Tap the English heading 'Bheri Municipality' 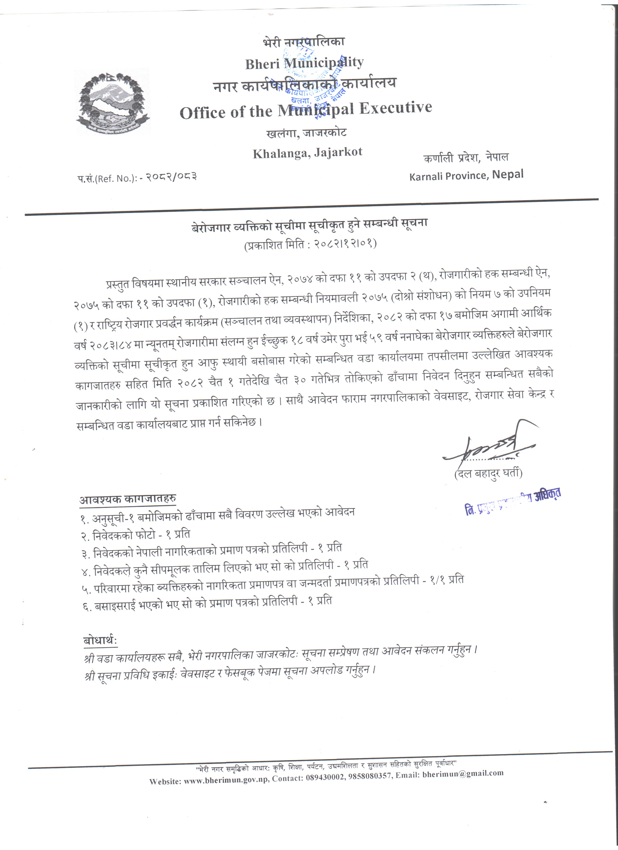pyautogui.click(x=304, y=63)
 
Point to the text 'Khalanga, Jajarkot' pyautogui.click(x=307, y=153)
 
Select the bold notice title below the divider pyautogui.click(x=309, y=226)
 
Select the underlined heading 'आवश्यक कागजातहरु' pyautogui.click(x=127, y=500)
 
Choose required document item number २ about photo pyautogui.click(x=136, y=535)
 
